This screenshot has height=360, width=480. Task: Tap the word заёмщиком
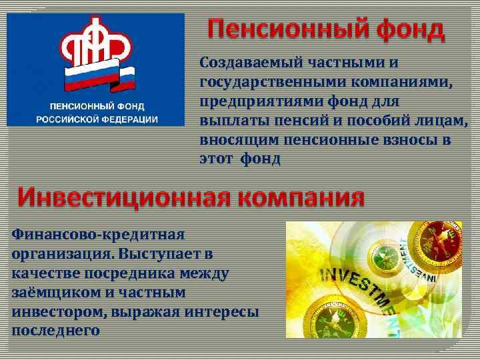[x=52, y=293]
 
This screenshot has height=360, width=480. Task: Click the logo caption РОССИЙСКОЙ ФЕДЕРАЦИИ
[x=97, y=119]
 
